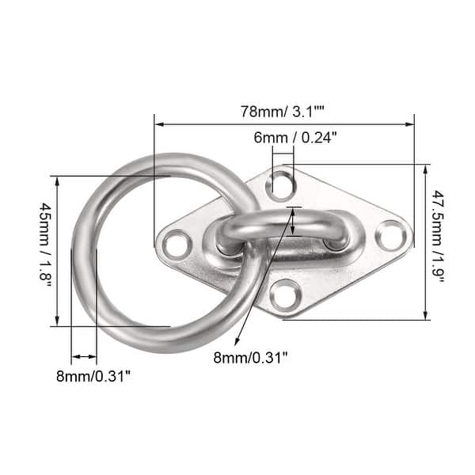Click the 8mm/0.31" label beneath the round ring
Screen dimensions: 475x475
pos(93,376)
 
